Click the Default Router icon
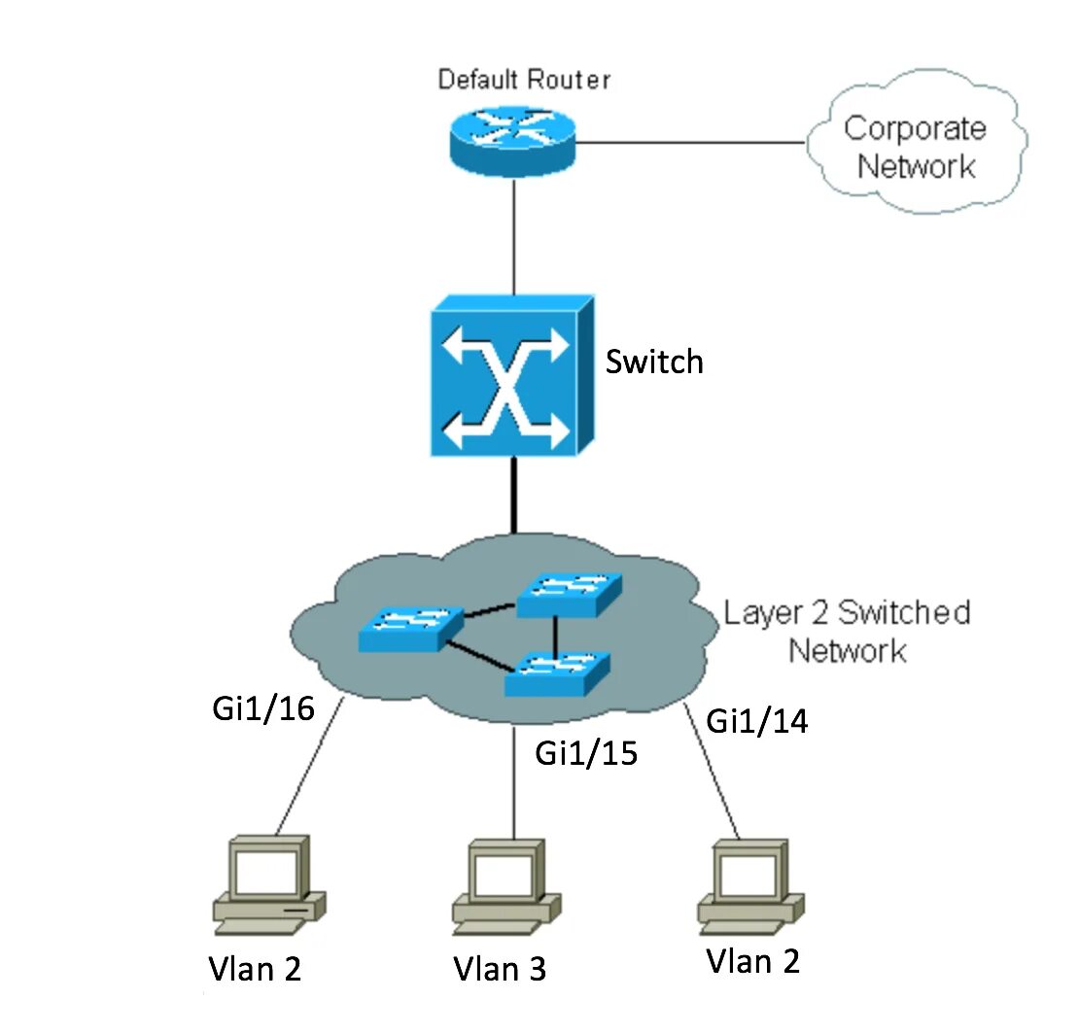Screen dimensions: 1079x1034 [x=512, y=141]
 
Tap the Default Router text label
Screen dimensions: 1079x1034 [x=524, y=80]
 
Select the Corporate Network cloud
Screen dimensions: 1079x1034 [x=916, y=142]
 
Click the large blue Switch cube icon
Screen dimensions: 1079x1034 [x=512, y=376]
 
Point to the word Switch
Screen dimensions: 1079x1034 [x=654, y=362]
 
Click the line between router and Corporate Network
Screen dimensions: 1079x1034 [x=690, y=143]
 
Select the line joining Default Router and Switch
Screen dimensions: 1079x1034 [x=513, y=236]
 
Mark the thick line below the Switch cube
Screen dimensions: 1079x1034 [x=513, y=495]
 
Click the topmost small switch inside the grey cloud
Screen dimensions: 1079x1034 [x=569, y=594]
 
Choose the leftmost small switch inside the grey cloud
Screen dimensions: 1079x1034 [x=411, y=628]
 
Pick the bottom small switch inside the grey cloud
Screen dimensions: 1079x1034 [x=557, y=673]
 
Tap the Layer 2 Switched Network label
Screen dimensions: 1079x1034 [x=847, y=632]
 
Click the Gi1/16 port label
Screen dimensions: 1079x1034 [x=263, y=708]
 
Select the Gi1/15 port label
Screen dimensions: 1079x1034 [x=586, y=753]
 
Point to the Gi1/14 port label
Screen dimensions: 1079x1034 [x=757, y=721]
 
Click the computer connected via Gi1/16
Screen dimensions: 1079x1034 [x=269, y=884]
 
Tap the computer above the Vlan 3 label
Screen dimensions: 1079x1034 [x=506, y=887]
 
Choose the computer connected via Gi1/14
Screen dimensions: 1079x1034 [x=750, y=887]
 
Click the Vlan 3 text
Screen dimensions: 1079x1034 [x=500, y=969]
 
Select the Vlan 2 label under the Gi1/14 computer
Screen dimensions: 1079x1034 [x=752, y=961]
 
